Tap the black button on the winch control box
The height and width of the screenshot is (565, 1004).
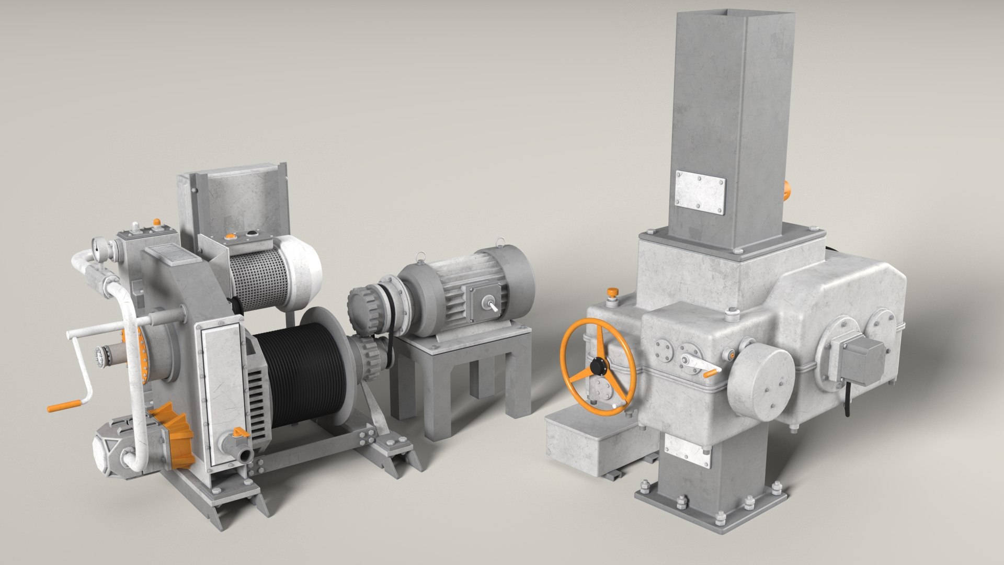252,231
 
